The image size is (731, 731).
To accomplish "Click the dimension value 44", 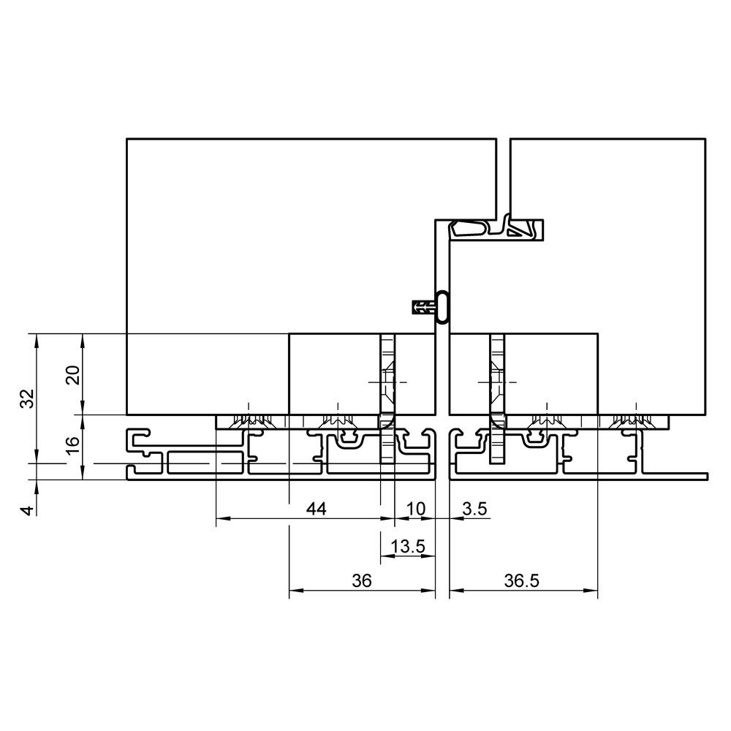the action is point(316,509).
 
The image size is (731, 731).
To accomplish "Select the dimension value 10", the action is point(416,509).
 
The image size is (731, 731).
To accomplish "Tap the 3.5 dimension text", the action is point(474,509).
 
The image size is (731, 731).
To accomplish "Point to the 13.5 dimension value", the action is point(408,546).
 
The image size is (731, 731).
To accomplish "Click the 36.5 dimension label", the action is point(521,581).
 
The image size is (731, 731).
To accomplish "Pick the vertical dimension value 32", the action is point(28,398).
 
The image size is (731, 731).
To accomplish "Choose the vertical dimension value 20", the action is point(72,375).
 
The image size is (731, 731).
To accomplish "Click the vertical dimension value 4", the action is point(29,510).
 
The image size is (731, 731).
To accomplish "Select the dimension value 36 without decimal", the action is point(362,581).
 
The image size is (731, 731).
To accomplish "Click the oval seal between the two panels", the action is point(442,307).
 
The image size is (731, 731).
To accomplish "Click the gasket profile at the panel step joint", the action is point(496,228).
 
